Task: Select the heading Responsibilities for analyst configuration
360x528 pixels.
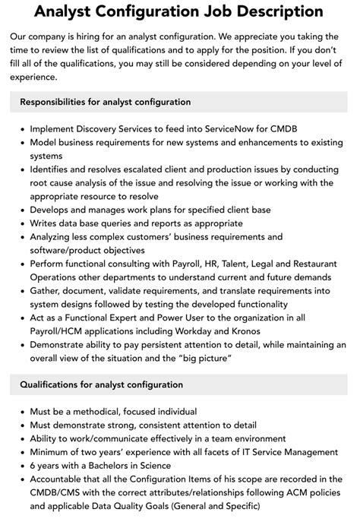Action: (x=105, y=102)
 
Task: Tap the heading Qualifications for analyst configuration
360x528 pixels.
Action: (x=101, y=384)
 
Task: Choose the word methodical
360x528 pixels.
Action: (x=103, y=412)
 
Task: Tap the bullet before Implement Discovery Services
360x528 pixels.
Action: (x=20, y=129)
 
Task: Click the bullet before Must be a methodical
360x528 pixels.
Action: (x=20, y=412)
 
